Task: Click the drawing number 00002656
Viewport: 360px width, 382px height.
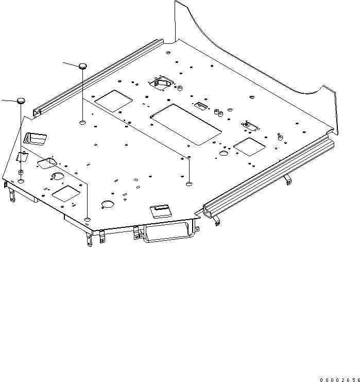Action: pos(339,379)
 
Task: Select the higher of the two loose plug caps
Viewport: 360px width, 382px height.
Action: pos(83,65)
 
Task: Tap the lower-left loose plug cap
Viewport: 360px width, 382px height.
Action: pos(20,101)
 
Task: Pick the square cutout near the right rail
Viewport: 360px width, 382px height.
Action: pos(249,146)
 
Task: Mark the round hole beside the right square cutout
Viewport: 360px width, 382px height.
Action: pos(225,153)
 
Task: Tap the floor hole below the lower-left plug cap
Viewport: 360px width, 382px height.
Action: pos(20,181)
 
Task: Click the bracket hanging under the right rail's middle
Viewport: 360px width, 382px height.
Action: pos(287,179)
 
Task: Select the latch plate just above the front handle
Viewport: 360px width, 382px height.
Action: pos(160,210)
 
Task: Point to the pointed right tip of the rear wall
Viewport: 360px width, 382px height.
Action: pos(335,93)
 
